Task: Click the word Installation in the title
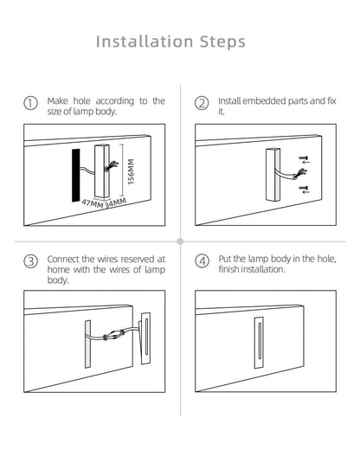click(145, 42)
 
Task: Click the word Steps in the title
click(222, 42)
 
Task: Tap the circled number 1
click(30, 103)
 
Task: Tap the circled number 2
click(202, 103)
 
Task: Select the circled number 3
click(30, 261)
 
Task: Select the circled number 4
click(202, 261)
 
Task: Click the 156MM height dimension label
click(131, 171)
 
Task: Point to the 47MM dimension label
click(92, 203)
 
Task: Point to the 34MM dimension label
click(115, 203)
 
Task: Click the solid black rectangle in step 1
click(76, 176)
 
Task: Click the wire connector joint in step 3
click(113, 335)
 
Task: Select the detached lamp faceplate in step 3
click(145, 338)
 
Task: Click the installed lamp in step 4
click(259, 343)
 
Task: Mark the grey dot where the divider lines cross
click(180, 241)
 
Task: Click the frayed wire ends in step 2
click(300, 174)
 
